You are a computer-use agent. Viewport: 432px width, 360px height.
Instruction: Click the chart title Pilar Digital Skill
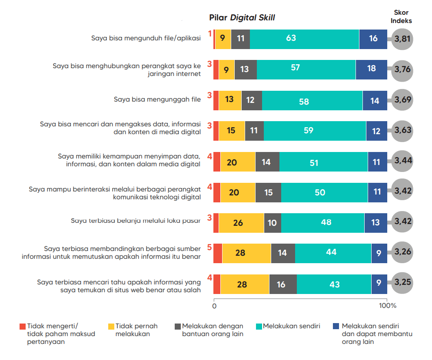pyautogui.click(x=242, y=18)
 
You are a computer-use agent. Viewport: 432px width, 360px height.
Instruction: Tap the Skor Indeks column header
pyautogui.click(x=401, y=17)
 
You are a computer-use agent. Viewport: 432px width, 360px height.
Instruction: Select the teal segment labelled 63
pyautogui.click(x=304, y=39)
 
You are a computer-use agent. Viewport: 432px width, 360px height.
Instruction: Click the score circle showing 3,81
pyautogui.click(x=402, y=39)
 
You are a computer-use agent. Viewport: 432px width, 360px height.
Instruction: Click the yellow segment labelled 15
pyautogui.click(x=232, y=131)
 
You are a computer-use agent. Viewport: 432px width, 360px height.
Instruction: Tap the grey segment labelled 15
pyautogui.click(x=268, y=192)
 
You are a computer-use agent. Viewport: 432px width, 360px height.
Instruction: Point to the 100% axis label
pyautogui.click(x=387, y=306)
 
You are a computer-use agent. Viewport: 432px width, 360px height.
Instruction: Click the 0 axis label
pyautogui.click(x=214, y=306)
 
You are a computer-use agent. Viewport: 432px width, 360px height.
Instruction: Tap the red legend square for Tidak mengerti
pyautogui.click(x=23, y=326)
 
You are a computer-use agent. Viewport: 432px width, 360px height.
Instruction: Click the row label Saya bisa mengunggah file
pyautogui.click(x=157, y=99)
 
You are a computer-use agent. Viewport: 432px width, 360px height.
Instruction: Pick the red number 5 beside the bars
pyautogui.click(x=209, y=248)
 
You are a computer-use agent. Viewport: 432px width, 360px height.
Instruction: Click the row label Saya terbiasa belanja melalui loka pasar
pyautogui.click(x=136, y=221)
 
